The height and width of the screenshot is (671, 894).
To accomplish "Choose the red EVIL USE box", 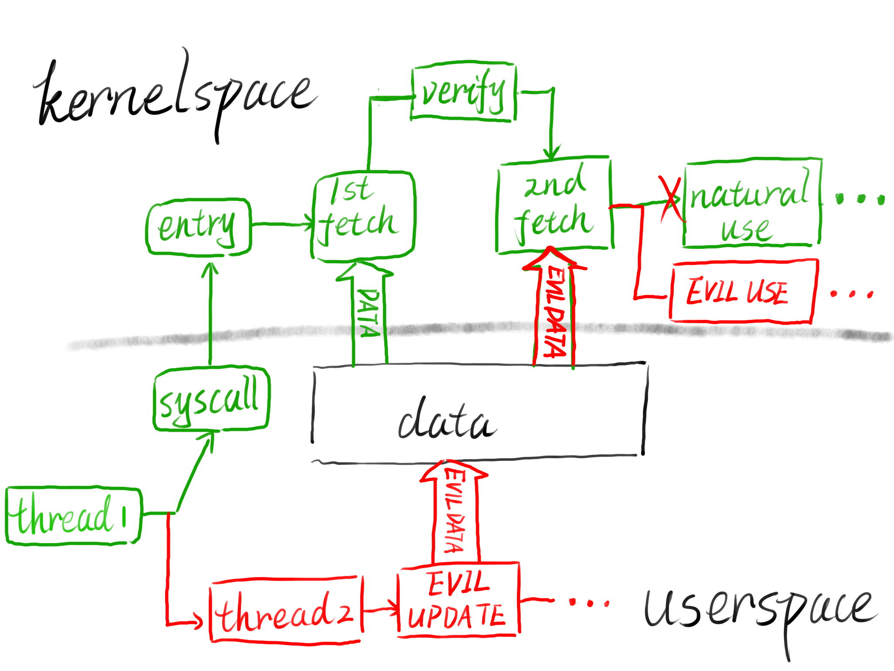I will click(x=742, y=291).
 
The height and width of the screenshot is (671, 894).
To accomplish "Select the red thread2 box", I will click(x=286, y=611).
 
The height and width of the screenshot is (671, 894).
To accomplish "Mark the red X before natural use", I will click(x=670, y=199).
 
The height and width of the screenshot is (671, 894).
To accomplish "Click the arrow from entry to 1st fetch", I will click(x=282, y=224).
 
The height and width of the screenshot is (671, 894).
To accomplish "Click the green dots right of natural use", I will click(x=859, y=199).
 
